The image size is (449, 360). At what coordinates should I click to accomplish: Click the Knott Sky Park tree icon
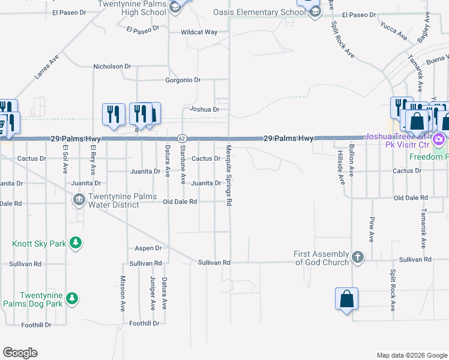(76, 243)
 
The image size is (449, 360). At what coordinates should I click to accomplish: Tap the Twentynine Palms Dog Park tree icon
(72, 298)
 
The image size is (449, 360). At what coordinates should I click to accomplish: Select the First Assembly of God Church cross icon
(358, 257)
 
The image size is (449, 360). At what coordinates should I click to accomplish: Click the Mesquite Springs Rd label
(229, 176)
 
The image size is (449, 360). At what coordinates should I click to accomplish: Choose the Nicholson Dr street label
(112, 67)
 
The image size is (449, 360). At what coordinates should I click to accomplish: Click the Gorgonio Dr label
(183, 80)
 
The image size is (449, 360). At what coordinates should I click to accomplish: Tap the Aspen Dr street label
(149, 248)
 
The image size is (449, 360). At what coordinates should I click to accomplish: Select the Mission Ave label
(122, 293)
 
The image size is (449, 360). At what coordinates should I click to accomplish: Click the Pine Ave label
(372, 229)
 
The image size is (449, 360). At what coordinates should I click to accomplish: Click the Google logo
(20, 353)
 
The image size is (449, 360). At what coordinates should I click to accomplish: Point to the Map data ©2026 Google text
(411, 355)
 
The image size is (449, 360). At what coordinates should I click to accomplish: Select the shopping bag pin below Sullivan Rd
(347, 299)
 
